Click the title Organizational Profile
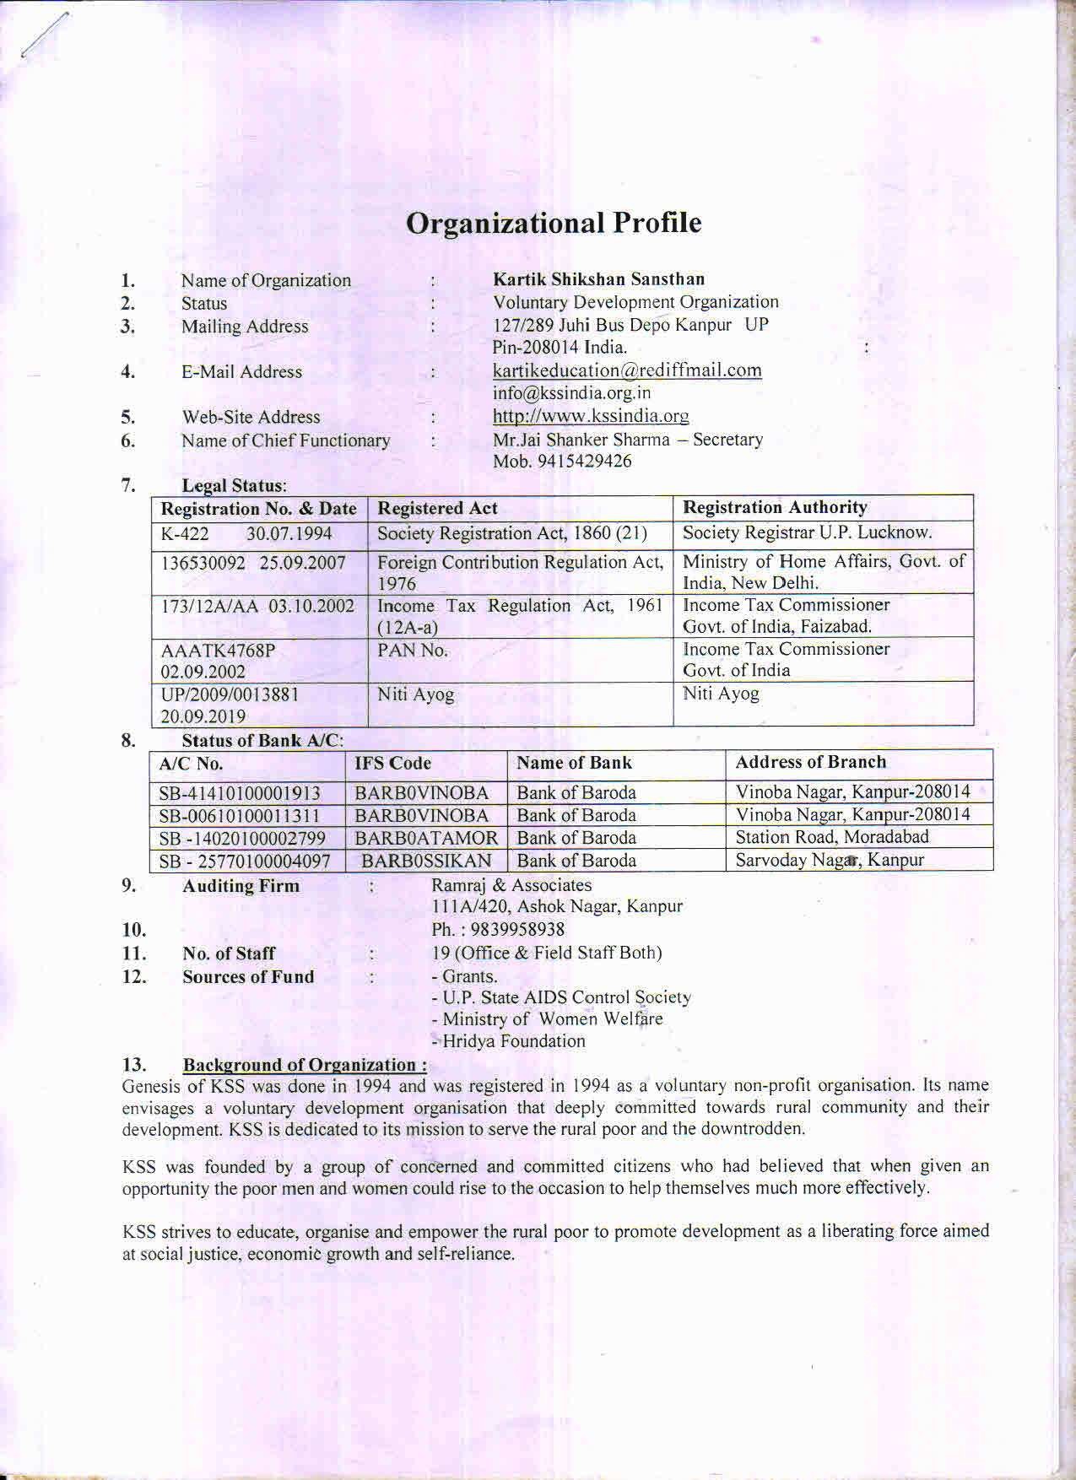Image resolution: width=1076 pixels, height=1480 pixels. [554, 223]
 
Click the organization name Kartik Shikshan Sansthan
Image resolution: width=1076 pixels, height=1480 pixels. [598, 279]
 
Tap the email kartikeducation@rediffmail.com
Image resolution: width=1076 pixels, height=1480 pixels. [627, 370]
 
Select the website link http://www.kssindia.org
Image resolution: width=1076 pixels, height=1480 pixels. [591, 416]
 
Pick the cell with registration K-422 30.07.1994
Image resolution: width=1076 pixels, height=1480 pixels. [246, 534]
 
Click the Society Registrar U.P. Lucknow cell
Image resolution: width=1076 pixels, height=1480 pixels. [807, 533]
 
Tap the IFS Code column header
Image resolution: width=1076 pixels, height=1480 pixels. [392, 764]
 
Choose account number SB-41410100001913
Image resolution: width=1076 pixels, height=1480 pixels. [240, 793]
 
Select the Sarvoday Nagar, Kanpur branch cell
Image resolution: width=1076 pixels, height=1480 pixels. [830, 861]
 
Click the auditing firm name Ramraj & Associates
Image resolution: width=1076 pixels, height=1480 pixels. [511, 885]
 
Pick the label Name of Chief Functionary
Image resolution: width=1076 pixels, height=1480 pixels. [285, 440]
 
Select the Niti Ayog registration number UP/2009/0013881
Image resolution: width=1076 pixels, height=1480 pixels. [229, 694]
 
